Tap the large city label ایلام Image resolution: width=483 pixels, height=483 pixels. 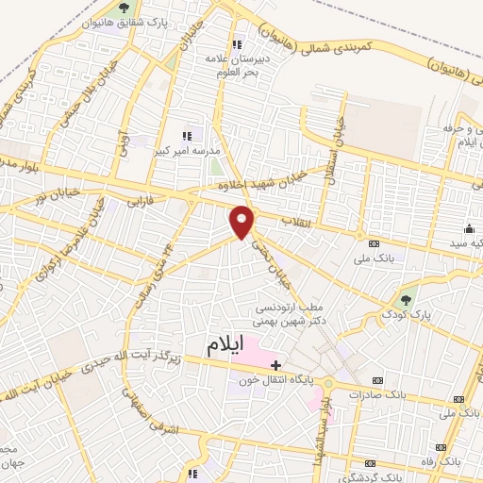click(x=230, y=346)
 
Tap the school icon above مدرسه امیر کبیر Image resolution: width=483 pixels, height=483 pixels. click(x=186, y=135)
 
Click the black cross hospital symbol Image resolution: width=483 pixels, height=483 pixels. click(x=275, y=363)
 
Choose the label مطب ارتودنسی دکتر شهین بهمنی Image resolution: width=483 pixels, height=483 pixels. click(x=291, y=314)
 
